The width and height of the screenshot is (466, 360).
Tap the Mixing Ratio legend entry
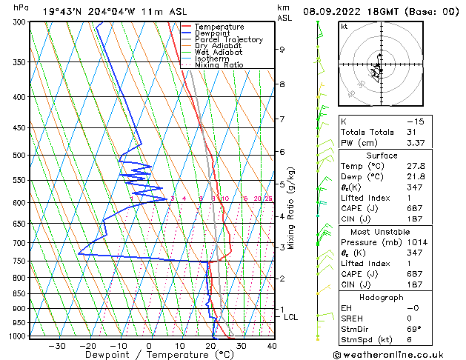pyautogui.click(x=219, y=65)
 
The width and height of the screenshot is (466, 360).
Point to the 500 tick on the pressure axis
pyautogui.click(x=19, y=156)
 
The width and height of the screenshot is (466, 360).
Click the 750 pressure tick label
pyautogui.click(x=19, y=261)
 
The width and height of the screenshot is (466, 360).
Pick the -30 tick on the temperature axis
pyautogui.click(x=57, y=346)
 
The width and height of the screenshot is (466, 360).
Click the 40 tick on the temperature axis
pyautogui.click(x=272, y=346)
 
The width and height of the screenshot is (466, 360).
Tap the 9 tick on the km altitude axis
pyautogui.click(x=282, y=50)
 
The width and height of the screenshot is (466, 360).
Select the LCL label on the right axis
pyautogui.click(x=291, y=318)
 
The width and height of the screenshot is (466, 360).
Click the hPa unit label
pyautogui.click(x=21, y=7)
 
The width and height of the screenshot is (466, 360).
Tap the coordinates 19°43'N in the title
pyautogui.click(x=62, y=11)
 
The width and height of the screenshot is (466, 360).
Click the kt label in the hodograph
pyautogui.click(x=344, y=26)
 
